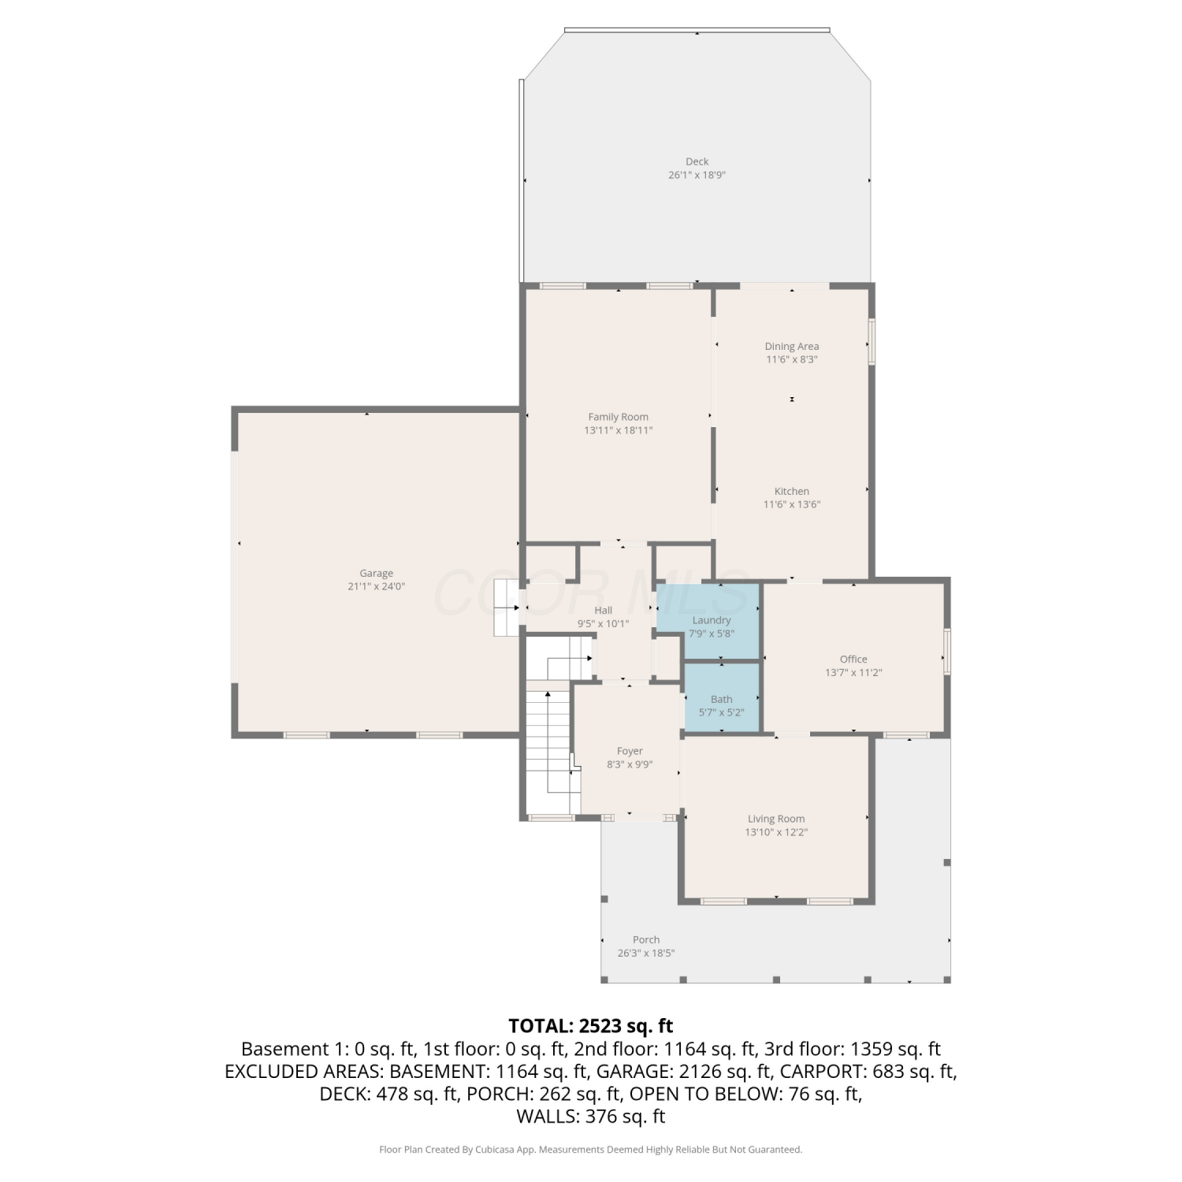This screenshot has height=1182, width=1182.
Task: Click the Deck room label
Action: coord(697,162)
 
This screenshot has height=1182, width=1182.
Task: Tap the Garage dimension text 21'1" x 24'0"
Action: coord(376,586)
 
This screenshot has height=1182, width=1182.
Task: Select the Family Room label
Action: coord(619,417)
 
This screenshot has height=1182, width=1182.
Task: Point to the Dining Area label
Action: coord(792,346)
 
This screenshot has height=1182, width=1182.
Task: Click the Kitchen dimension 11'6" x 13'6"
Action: coord(792,504)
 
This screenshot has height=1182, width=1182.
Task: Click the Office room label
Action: coord(853,659)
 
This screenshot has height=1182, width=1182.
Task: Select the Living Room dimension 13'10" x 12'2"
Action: coord(776,832)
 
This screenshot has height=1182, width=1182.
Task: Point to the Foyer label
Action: coord(630,751)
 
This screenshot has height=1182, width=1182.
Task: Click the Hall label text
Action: coord(603,610)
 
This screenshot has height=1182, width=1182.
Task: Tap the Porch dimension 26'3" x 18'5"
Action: coord(646,953)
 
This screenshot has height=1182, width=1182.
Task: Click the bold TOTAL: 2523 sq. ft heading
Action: coord(591,1026)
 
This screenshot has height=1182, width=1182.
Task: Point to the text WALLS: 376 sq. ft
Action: coord(591,1117)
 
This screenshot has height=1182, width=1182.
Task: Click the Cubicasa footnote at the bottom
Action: coord(591,1150)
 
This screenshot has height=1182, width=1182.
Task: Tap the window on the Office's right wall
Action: coord(947,652)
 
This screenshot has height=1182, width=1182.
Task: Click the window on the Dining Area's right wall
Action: coord(872,341)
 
